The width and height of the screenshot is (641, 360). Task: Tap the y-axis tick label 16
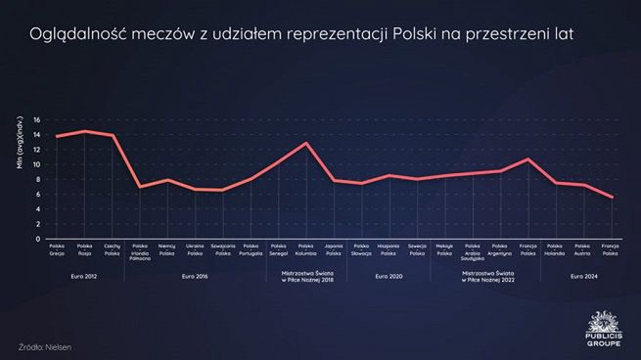pyautogui.click(x=36, y=120)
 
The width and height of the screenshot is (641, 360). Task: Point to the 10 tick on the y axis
pyautogui.click(x=36, y=164)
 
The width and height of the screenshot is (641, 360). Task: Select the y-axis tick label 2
pyautogui.click(x=37, y=224)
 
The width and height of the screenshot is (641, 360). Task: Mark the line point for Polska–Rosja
pyautogui.click(x=84, y=131)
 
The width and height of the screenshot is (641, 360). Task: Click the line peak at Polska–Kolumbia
pyautogui.click(x=306, y=144)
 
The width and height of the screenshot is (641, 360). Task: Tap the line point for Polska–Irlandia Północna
pyautogui.click(x=140, y=187)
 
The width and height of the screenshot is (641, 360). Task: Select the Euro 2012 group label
pyautogui.click(x=84, y=276)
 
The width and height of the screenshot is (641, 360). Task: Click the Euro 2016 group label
pyautogui.click(x=195, y=276)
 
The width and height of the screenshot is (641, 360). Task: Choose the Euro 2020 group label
pyautogui.click(x=389, y=276)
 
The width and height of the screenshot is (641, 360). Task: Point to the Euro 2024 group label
pyautogui.click(x=583, y=276)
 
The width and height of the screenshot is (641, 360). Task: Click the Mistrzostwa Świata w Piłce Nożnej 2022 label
pyautogui.click(x=486, y=279)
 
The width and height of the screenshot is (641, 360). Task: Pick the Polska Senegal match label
pyautogui.click(x=279, y=249)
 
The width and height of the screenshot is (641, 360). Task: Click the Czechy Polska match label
pyautogui.click(x=112, y=249)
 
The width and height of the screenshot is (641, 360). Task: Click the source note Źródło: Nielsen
pyautogui.click(x=45, y=346)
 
